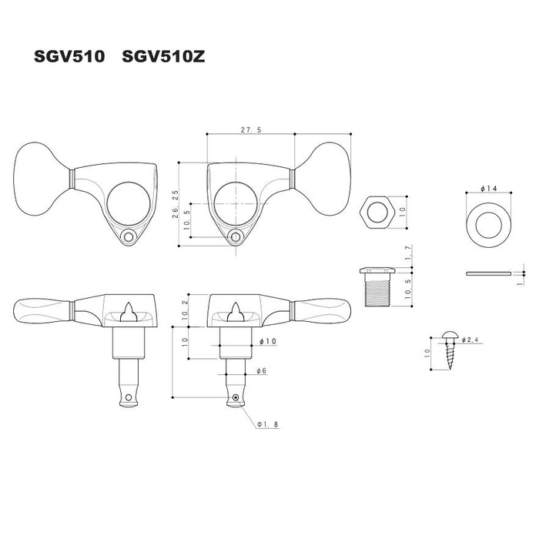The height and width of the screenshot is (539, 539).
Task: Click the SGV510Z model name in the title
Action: click(x=163, y=56)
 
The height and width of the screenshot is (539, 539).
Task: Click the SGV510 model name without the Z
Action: click(x=69, y=56)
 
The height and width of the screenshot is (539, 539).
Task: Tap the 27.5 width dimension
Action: click(x=251, y=129)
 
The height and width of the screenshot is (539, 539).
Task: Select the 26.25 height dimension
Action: click(x=176, y=204)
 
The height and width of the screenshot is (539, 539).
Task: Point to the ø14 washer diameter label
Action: click(x=488, y=189)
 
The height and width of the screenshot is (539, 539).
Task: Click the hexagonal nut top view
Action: click(x=377, y=212)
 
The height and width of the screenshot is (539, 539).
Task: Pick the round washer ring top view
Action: click(x=488, y=225)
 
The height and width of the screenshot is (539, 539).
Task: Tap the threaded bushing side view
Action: click(x=377, y=287)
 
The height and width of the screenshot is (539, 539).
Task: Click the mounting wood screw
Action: click(x=449, y=350)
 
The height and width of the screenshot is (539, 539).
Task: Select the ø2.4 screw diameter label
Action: click(x=473, y=340)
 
